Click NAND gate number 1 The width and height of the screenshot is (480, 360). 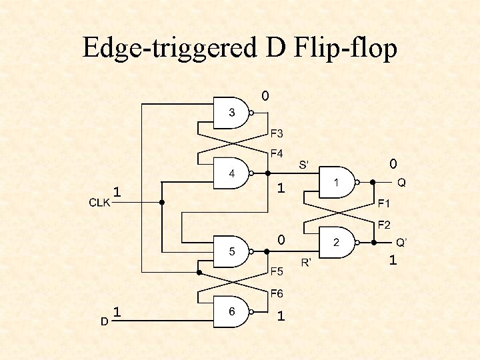[337, 182]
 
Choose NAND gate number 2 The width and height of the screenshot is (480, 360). [337, 243]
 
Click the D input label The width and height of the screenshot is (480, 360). [104, 321]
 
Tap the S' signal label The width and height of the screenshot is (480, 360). [307, 164]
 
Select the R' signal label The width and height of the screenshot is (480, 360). [307, 262]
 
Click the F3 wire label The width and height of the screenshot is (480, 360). [277, 133]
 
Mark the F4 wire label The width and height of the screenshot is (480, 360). [277, 153]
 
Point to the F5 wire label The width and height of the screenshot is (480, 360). [277, 271]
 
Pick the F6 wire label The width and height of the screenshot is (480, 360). [277, 293]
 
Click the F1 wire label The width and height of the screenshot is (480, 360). [385, 203]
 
